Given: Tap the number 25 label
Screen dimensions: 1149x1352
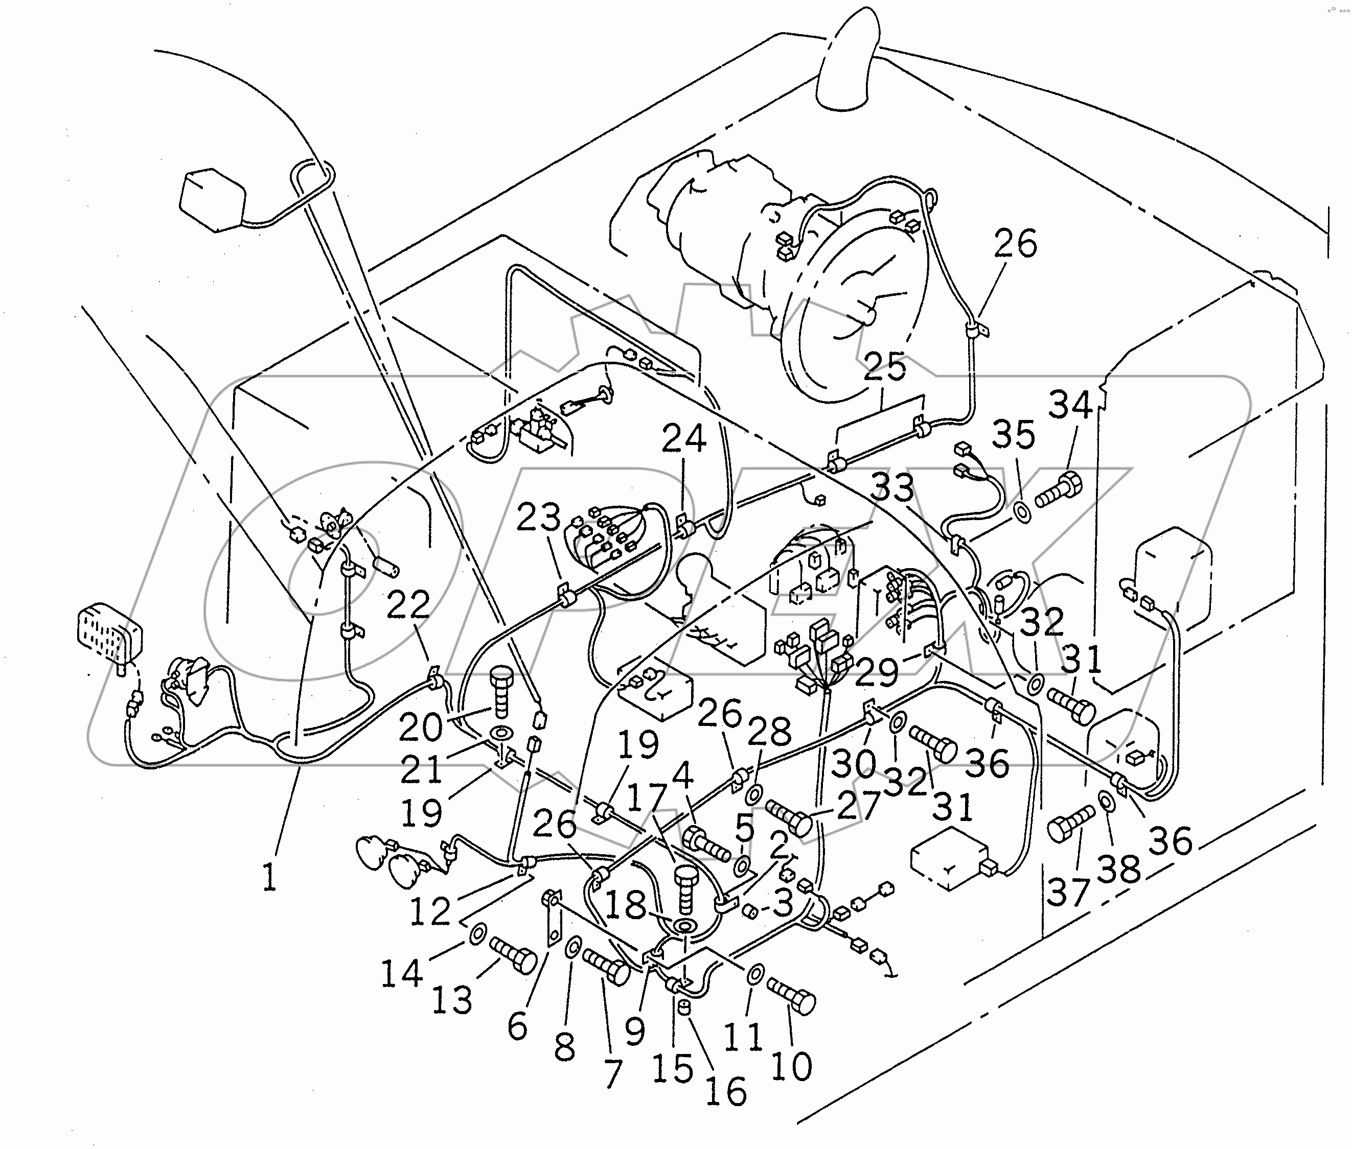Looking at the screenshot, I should (x=885, y=367).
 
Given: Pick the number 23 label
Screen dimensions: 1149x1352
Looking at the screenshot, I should (x=538, y=518).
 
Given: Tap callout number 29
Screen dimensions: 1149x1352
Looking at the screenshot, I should (x=877, y=673).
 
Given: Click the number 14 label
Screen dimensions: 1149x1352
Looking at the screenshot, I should (x=401, y=974).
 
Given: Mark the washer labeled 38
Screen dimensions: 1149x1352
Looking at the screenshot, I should (x=1106, y=801).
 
